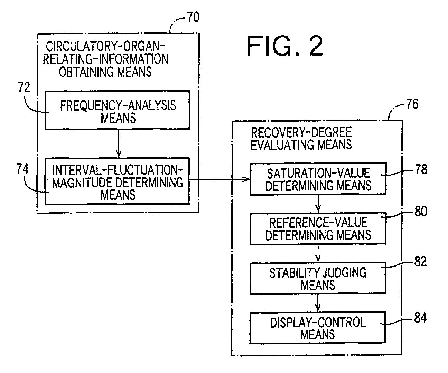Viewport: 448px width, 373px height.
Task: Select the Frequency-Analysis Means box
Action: click(117, 110)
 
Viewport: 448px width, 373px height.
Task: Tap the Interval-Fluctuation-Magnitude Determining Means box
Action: click(117, 181)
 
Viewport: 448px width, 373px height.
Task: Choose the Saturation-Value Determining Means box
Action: click(318, 179)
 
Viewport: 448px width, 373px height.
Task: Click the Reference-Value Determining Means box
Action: click(318, 229)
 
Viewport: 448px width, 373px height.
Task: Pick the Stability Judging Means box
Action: click(318, 278)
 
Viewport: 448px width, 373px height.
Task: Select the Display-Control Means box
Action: click(318, 328)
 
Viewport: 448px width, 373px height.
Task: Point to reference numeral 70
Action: click(193, 17)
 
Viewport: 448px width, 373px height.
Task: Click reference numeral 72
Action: click(24, 87)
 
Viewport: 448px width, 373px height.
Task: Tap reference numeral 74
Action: click(22, 169)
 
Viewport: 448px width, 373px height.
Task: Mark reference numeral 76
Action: click(412, 104)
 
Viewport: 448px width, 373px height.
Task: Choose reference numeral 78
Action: click(421, 169)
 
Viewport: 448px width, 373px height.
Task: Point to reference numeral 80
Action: click(421, 212)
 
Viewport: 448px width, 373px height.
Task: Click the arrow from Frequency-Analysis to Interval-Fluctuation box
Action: click(119, 143)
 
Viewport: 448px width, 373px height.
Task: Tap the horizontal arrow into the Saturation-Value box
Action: click(220, 179)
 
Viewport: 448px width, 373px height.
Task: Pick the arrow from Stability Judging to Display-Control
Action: click(318, 303)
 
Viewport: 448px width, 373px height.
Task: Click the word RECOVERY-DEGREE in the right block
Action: click(301, 132)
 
